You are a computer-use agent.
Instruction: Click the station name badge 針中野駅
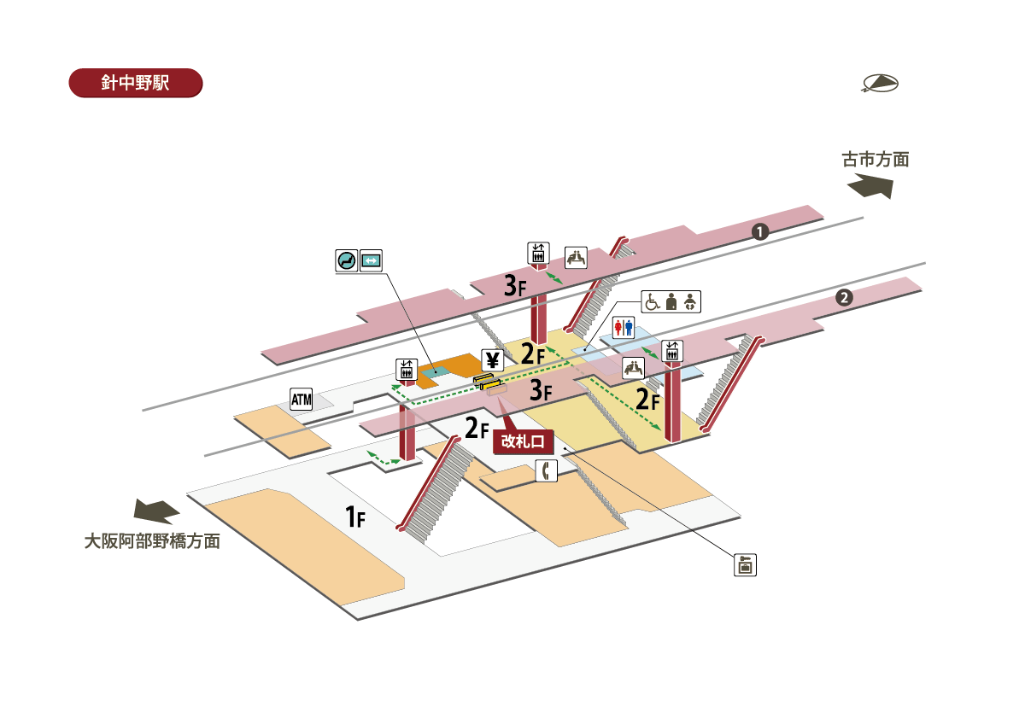pyautogui.click(x=135, y=84)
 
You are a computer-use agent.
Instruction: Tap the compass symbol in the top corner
pyautogui.click(x=880, y=83)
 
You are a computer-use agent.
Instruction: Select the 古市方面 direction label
pyautogui.click(x=876, y=160)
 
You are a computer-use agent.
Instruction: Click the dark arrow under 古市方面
pyautogui.click(x=870, y=186)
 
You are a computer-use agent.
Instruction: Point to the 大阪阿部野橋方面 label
pyautogui.click(x=152, y=541)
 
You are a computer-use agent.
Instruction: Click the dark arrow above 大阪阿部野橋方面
pyautogui.click(x=156, y=511)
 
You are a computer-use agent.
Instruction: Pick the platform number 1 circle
pyautogui.click(x=758, y=231)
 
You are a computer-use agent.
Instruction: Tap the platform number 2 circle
pyautogui.click(x=844, y=298)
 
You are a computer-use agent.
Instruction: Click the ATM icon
pyautogui.click(x=302, y=399)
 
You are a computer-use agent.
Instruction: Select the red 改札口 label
pyautogui.click(x=524, y=441)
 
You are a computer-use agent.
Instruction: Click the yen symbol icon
pyautogui.click(x=491, y=360)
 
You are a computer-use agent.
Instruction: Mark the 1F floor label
pyautogui.click(x=355, y=516)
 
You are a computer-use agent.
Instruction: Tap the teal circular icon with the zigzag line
pyautogui.click(x=347, y=260)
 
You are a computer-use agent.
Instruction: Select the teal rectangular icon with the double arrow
pyautogui.click(x=371, y=260)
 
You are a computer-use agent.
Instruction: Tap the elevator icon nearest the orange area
pyautogui.click(x=407, y=370)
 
